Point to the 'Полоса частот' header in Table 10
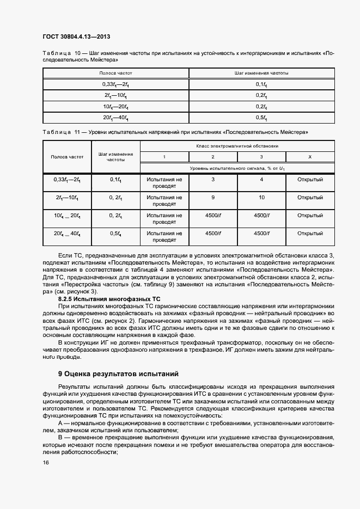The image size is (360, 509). [x=115, y=72]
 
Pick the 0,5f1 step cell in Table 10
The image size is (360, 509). [x=261, y=117]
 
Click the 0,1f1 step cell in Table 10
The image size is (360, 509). [x=261, y=84]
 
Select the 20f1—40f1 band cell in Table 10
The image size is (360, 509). [x=115, y=117]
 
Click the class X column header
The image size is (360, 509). [x=310, y=157]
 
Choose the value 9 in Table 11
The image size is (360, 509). [x=212, y=198]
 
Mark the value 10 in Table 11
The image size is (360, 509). [x=261, y=198]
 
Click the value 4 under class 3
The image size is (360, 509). [x=261, y=179]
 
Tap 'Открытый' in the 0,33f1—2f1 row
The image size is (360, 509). [x=310, y=179]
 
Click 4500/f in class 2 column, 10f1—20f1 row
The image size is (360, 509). [x=212, y=216]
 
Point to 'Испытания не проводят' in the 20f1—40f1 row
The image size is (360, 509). [x=164, y=237]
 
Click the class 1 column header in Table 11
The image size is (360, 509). [x=164, y=157]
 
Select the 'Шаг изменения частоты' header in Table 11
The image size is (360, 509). [x=115, y=157]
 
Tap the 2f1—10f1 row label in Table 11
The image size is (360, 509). [x=67, y=198]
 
